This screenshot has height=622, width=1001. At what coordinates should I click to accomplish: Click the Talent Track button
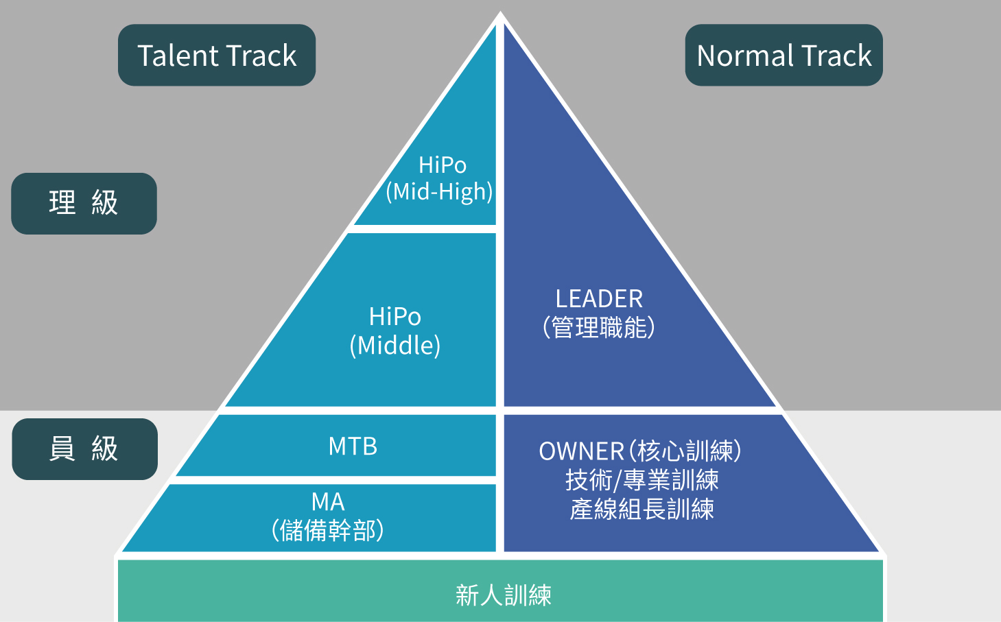tap(217, 56)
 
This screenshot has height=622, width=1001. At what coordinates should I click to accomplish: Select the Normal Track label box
tap(784, 56)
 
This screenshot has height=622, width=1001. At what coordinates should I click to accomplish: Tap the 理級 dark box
tap(84, 204)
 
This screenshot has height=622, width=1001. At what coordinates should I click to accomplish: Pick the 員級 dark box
tap(84, 449)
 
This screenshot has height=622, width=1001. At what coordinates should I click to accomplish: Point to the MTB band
tap(353, 446)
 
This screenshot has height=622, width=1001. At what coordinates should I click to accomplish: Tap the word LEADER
tap(599, 299)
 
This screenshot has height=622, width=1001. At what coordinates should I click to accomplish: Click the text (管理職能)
tap(599, 328)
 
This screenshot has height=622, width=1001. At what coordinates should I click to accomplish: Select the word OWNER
tap(581, 451)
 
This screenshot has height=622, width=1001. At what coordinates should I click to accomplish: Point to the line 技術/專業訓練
tap(641, 480)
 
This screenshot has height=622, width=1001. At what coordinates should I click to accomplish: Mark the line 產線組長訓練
tap(641, 509)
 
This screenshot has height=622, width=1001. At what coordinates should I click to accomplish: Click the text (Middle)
tap(394, 345)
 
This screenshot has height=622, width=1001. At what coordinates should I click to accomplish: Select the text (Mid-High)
tap(439, 192)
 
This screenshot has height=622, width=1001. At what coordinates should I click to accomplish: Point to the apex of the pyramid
tap(500, 15)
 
